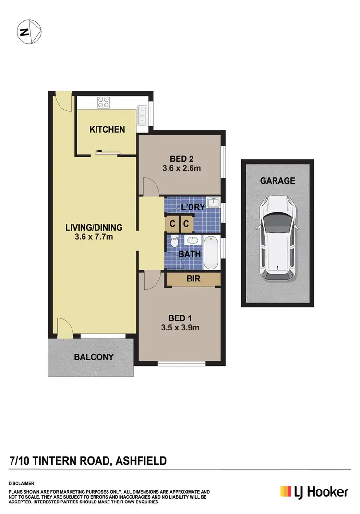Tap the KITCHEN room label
(x=108, y=129)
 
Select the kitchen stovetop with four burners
(x=104, y=102)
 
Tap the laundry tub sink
(x=213, y=201)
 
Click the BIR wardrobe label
(x=193, y=279)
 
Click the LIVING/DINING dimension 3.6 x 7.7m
(x=94, y=237)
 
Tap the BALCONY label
(x=94, y=357)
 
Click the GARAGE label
(x=277, y=181)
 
